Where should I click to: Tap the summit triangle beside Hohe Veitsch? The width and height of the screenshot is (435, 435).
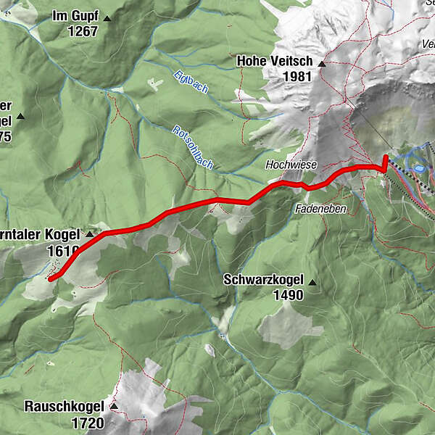click(x=321, y=63)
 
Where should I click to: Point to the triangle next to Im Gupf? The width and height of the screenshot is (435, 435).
click(x=107, y=17)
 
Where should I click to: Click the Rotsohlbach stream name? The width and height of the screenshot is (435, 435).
click(x=192, y=148)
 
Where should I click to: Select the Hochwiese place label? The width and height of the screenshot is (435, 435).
click(x=291, y=165)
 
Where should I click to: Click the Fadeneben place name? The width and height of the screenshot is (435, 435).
click(x=320, y=208)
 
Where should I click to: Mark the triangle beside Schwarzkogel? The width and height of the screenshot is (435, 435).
click(x=312, y=281)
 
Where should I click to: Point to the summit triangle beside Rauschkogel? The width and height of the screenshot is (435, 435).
click(x=112, y=407)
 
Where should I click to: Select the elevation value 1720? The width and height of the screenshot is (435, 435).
click(x=87, y=421)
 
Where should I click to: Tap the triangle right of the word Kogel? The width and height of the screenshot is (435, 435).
click(x=90, y=235)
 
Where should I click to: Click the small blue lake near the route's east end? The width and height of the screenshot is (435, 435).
click(x=418, y=168)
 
